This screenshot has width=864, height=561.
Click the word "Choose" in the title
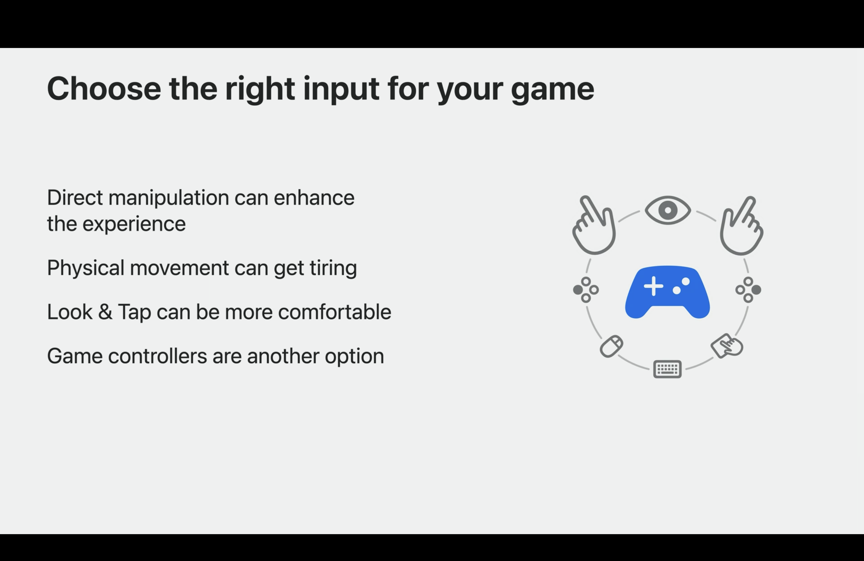coord(104,89)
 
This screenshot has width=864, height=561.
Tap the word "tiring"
coord(333,268)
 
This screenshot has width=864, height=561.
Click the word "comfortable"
coord(334,312)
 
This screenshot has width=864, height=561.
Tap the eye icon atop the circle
coord(668,210)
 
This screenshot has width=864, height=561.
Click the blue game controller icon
coord(667,292)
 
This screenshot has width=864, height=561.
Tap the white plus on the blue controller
coord(654,286)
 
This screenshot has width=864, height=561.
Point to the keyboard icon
coord(667,369)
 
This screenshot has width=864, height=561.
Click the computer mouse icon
coord(611,346)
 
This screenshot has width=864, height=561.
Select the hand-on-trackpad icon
coord(727,345)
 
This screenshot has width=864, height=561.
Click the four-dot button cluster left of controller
coord(586,290)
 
